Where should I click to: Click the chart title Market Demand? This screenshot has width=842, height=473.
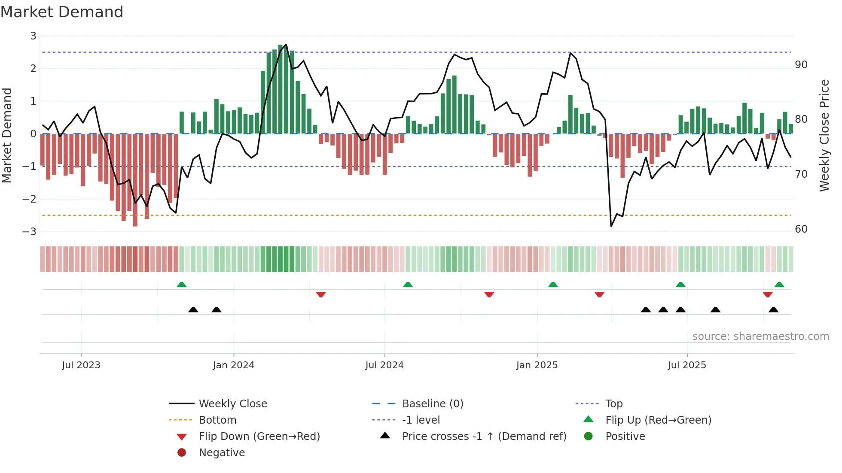click(62, 12)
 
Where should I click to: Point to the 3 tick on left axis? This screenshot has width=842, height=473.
click(33, 36)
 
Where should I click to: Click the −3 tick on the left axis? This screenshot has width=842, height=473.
click(30, 232)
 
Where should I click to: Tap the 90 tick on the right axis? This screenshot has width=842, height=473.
click(801, 65)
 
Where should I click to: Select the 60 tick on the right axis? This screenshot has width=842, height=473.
click(801, 229)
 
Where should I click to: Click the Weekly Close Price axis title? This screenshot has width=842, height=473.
click(824, 135)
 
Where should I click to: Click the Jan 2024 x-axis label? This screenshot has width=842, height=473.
click(234, 365)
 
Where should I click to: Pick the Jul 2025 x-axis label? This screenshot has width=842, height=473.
click(687, 365)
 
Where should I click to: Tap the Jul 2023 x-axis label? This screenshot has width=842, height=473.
click(81, 365)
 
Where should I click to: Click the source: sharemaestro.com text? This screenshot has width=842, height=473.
click(760, 337)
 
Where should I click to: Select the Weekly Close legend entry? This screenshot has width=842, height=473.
click(232, 404)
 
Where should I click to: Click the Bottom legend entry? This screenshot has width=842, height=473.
click(217, 420)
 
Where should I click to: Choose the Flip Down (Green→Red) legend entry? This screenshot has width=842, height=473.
click(259, 437)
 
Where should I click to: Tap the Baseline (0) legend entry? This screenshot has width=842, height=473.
click(433, 404)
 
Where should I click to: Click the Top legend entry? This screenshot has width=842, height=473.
click(614, 404)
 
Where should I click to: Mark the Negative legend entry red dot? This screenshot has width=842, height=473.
click(182, 453)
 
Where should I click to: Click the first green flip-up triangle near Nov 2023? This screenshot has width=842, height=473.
click(182, 285)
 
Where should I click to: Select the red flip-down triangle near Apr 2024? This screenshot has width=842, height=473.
click(321, 294)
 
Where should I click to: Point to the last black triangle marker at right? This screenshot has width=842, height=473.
click(773, 309)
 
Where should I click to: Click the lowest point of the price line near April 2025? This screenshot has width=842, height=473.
click(611, 226)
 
